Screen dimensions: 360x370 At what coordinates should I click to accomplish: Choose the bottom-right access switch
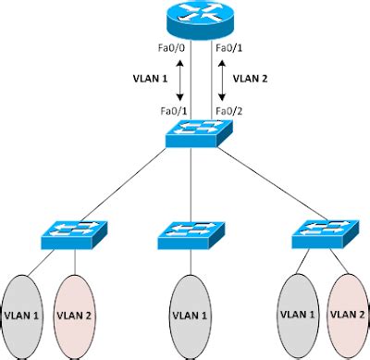point(323,235)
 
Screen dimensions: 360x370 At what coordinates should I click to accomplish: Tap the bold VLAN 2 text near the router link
point(250,80)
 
